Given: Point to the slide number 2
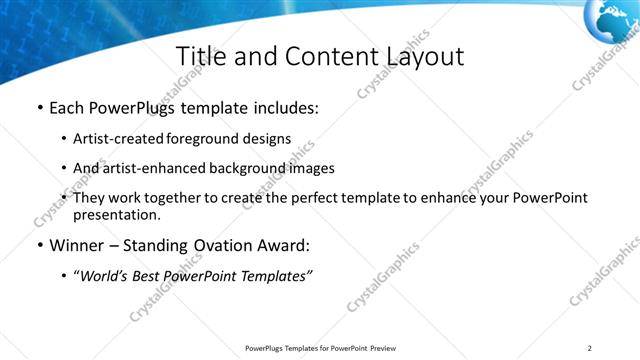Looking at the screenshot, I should pos(590,348).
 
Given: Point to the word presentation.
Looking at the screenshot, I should pos(115,214).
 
